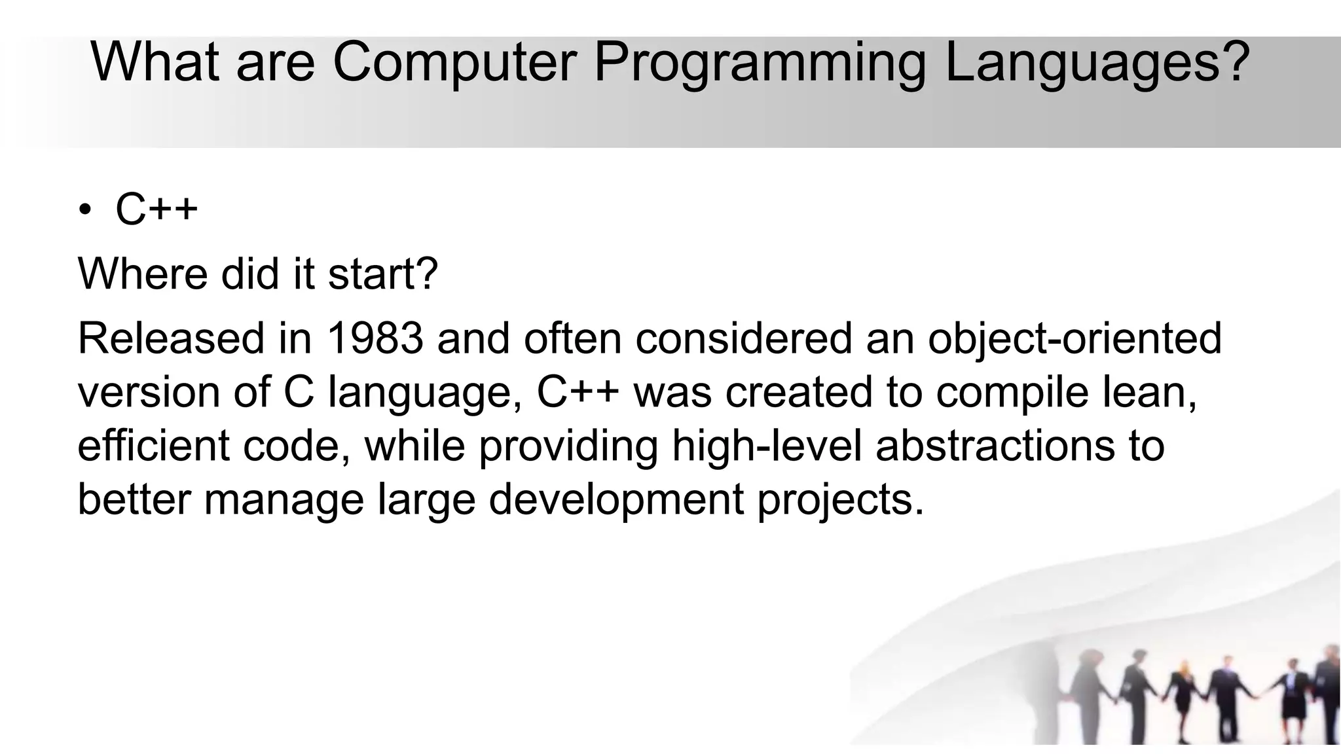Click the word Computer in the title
click(x=454, y=63)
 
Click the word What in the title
click(x=155, y=63)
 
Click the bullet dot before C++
click(x=84, y=211)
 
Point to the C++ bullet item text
click(x=156, y=209)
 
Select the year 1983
click(x=375, y=338)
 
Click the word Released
click(x=170, y=338)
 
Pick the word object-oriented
click(x=1075, y=338)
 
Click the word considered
click(x=744, y=338)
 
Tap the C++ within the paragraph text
click(x=578, y=392)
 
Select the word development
click(x=616, y=499)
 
